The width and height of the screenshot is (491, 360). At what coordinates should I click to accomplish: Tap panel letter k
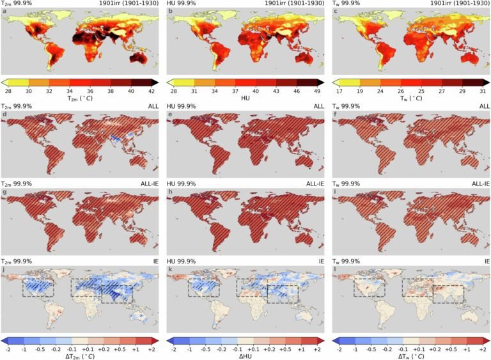tap(170, 269)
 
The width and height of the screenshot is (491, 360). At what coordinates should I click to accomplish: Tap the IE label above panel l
tap(487, 261)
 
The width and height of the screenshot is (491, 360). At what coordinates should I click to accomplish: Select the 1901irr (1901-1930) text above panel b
tap(287, 4)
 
